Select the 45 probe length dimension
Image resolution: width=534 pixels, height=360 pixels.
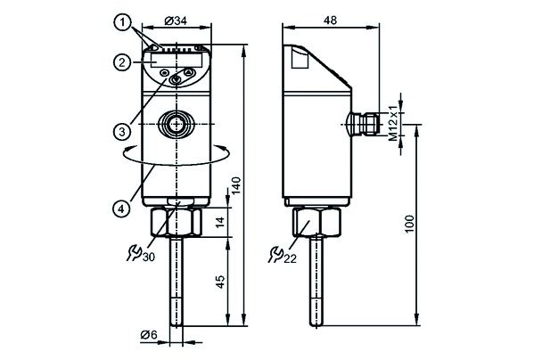(x=222, y=282)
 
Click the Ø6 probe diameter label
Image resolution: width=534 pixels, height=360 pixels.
(x=149, y=334)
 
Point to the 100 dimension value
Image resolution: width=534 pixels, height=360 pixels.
(x=409, y=223)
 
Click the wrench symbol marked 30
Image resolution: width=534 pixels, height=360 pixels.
(x=140, y=255)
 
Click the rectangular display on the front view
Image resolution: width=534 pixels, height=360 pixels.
(x=160, y=63)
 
